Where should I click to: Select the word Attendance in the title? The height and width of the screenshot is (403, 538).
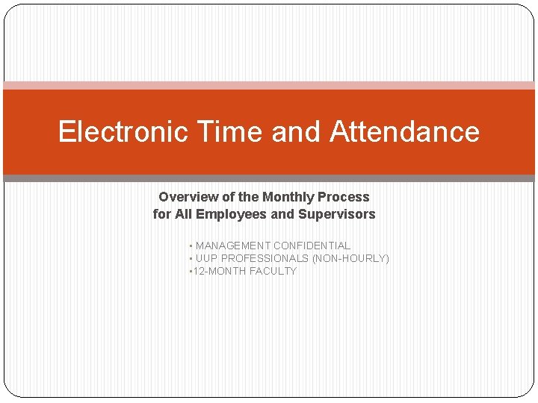tap(404, 131)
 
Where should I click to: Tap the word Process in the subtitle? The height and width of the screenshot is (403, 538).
tap(344, 197)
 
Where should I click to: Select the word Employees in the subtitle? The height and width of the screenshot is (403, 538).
tap(229, 215)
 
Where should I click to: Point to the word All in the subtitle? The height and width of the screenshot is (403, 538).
tap(184, 215)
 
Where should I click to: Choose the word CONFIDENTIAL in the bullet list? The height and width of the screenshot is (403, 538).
tap(312, 246)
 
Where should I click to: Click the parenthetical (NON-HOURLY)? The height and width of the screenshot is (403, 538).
tap(350, 258)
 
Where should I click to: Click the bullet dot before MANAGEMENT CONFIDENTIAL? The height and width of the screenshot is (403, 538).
tap(191, 246)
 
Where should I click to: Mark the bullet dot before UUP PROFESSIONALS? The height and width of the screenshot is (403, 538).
tap(191, 259)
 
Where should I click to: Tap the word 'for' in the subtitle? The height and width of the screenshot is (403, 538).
tap(161, 215)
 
